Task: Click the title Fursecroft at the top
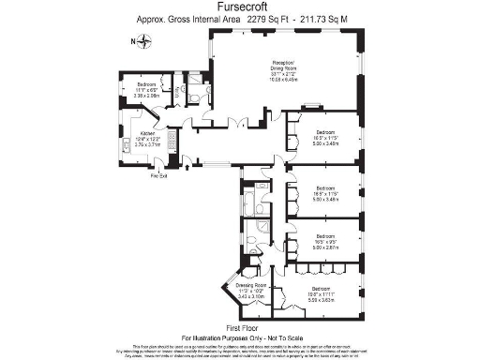click(x=239, y=7)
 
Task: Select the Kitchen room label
click(x=147, y=134)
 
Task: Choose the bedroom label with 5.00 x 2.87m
click(x=325, y=246)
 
